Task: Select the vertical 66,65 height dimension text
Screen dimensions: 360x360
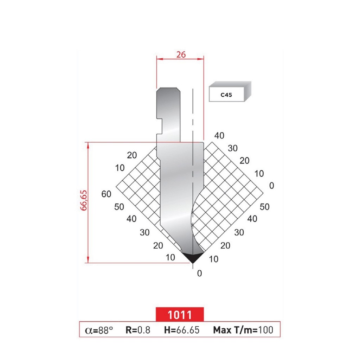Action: coord(84,200)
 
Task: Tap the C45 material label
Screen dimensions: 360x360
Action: coord(226,95)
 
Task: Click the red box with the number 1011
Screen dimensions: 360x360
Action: coord(180,314)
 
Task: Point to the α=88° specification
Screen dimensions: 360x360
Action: coord(99,330)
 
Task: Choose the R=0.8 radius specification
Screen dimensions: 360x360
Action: coord(138,330)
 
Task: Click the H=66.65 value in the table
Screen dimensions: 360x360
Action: coord(182,330)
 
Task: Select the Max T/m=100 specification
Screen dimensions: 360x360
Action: coord(243,330)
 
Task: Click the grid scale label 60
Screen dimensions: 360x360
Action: coord(106,194)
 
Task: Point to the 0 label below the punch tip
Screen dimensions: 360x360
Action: coord(200,274)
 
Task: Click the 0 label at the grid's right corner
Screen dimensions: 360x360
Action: coord(271,185)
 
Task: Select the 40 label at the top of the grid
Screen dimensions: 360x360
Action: coord(219,136)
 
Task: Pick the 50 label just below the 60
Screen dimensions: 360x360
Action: coord(119,207)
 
